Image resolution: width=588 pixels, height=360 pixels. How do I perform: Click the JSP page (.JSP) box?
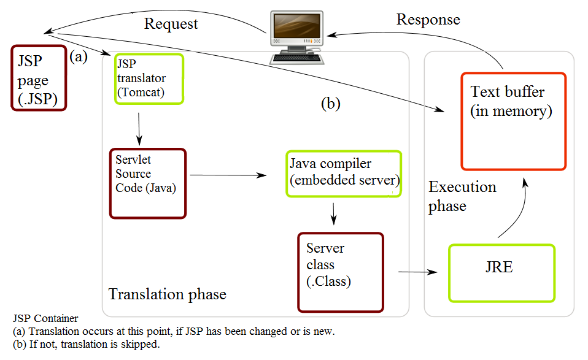click(x=38, y=78)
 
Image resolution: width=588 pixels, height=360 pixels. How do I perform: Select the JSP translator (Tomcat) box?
click(x=149, y=79)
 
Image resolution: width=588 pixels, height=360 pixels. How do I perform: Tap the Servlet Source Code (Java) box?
click(x=147, y=183)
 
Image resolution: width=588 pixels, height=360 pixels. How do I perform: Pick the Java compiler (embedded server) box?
click(x=343, y=174)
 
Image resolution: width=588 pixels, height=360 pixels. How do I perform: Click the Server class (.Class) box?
click(x=340, y=272)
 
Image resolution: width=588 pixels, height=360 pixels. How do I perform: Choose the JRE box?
click(x=501, y=273)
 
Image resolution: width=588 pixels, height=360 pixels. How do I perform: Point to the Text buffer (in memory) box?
click(x=513, y=121)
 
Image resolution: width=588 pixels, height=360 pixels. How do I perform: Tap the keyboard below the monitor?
click(x=297, y=58)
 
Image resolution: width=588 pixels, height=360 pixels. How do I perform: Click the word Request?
click(x=171, y=24)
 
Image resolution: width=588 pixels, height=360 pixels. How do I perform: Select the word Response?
click(x=428, y=20)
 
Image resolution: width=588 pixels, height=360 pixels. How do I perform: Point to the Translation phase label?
click(x=167, y=294)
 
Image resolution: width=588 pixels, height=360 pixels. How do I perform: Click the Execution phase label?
click(x=462, y=196)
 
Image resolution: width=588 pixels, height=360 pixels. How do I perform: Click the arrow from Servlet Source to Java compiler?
click(x=228, y=175)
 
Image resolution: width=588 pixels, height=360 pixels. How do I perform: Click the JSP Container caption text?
click(x=45, y=319)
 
